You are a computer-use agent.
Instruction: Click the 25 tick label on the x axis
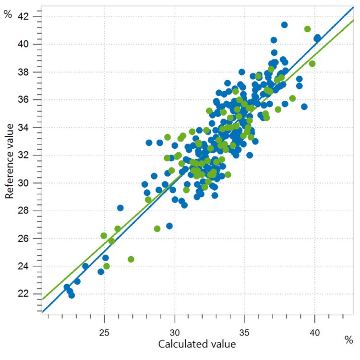pyautogui.click(x=105, y=332)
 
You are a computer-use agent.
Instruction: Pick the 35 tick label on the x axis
pyautogui.click(x=245, y=332)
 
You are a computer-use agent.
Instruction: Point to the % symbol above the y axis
pyautogui.click(x=7, y=14)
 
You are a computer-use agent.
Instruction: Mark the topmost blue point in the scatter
pyautogui.click(x=284, y=24)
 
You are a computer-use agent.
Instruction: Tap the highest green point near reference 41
pyautogui.click(x=308, y=29)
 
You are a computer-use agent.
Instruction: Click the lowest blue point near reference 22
pyautogui.click(x=72, y=295)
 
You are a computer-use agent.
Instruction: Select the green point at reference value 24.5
pyautogui.click(x=131, y=259)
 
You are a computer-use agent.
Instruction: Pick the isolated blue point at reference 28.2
pyautogui.click(x=120, y=208)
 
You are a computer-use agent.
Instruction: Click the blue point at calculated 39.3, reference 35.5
pyautogui.click(x=304, y=107)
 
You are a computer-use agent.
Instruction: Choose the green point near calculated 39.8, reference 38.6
pyautogui.click(x=312, y=63)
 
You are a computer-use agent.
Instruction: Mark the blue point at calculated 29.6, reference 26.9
pyautogui.click(x=169, y=226)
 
